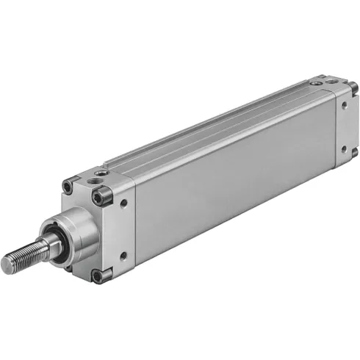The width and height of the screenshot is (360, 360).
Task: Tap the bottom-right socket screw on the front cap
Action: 98,276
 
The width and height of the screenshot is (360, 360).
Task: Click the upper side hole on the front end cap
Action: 123,204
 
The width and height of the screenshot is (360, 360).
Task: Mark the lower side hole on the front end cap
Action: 123,255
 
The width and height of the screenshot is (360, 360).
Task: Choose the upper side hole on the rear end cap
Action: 343,105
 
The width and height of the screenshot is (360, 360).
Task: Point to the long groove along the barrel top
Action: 213,126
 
